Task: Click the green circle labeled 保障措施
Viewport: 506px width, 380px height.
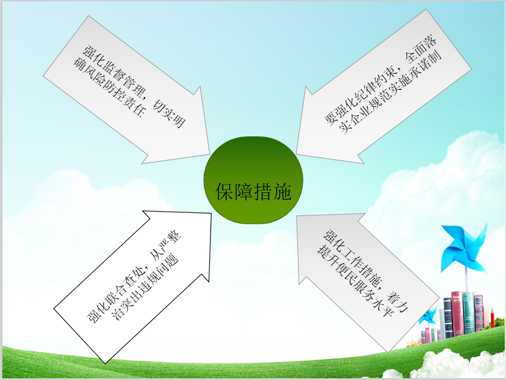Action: click(x=253, y=180)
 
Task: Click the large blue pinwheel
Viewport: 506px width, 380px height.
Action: click(x=464, y=248)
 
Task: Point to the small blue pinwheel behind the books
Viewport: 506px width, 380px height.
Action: click(x=428, y=315)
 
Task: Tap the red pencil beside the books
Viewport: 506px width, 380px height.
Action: click(x=493, y=318)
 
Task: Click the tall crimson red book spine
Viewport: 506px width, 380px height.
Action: click(x=457, y=313)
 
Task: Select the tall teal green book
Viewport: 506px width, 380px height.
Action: click(x=468, y=312)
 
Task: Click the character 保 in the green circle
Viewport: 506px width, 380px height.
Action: click(x=224, y=192)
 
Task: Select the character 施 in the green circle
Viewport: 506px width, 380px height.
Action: click(x=282, y=192)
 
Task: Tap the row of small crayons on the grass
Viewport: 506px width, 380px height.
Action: click(x=413, y=343)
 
